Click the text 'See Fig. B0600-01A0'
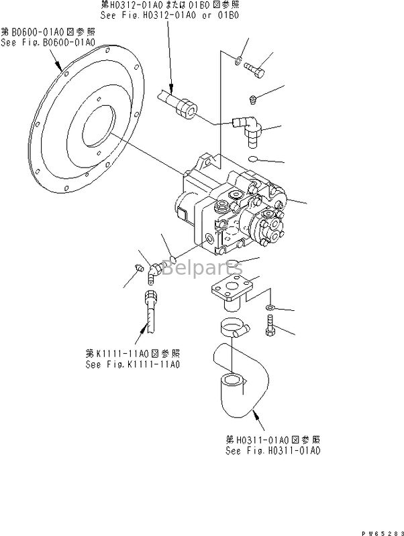coord(48,42)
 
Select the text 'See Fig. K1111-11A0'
coord(133,364)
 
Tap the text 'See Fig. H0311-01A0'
coord(272,450)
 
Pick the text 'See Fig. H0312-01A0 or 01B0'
coord(172,14)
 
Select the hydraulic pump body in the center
coord(232,208)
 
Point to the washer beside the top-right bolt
coord(238,62)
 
